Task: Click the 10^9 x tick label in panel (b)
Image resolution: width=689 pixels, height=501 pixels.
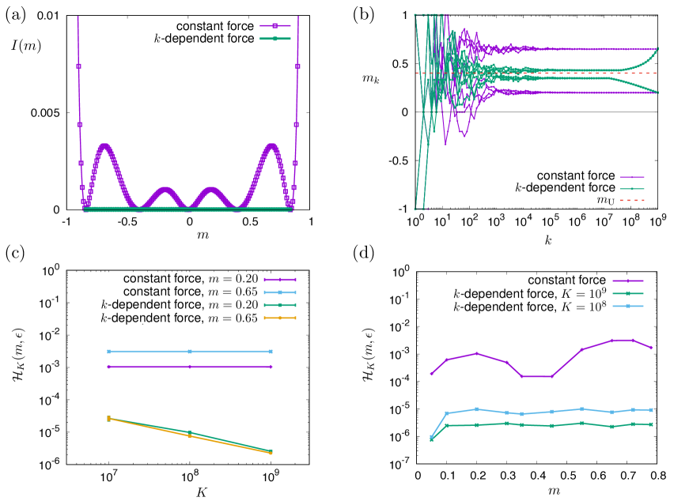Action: point(657,223)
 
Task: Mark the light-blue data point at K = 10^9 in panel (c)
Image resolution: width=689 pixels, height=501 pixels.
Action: point(271,352)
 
